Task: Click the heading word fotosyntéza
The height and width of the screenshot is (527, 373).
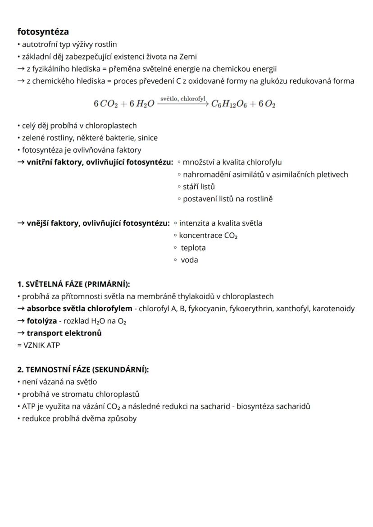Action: click(43, 32)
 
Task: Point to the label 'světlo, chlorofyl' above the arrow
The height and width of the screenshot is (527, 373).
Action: click(182, 98)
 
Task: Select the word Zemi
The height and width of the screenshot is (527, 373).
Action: click(188, 57)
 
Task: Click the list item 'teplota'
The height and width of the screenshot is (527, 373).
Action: click(193, 247)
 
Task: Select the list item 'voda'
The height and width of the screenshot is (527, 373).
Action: click(189, 259)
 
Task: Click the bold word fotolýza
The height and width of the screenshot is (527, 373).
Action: click(41, 321)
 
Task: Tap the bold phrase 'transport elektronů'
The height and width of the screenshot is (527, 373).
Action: click(64, 333)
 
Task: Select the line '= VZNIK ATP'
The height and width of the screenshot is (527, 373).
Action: click(38, 345)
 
